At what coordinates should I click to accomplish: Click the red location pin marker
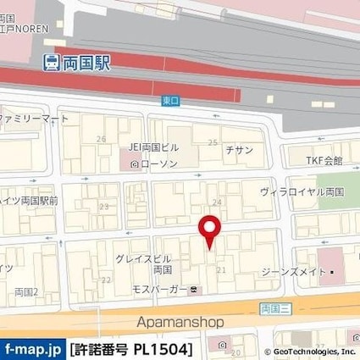[x=208, y=229]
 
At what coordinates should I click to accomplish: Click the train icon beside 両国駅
[x=51, y=62]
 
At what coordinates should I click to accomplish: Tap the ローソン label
[x=158, y=163]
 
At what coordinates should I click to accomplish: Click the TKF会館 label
[x=325, y=160]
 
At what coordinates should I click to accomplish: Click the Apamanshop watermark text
[x=180, y=322]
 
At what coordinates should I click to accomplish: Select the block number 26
[x=102, y=139]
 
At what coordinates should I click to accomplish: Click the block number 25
[x=213, y=142]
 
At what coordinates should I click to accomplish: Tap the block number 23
[x=104, y=206]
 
